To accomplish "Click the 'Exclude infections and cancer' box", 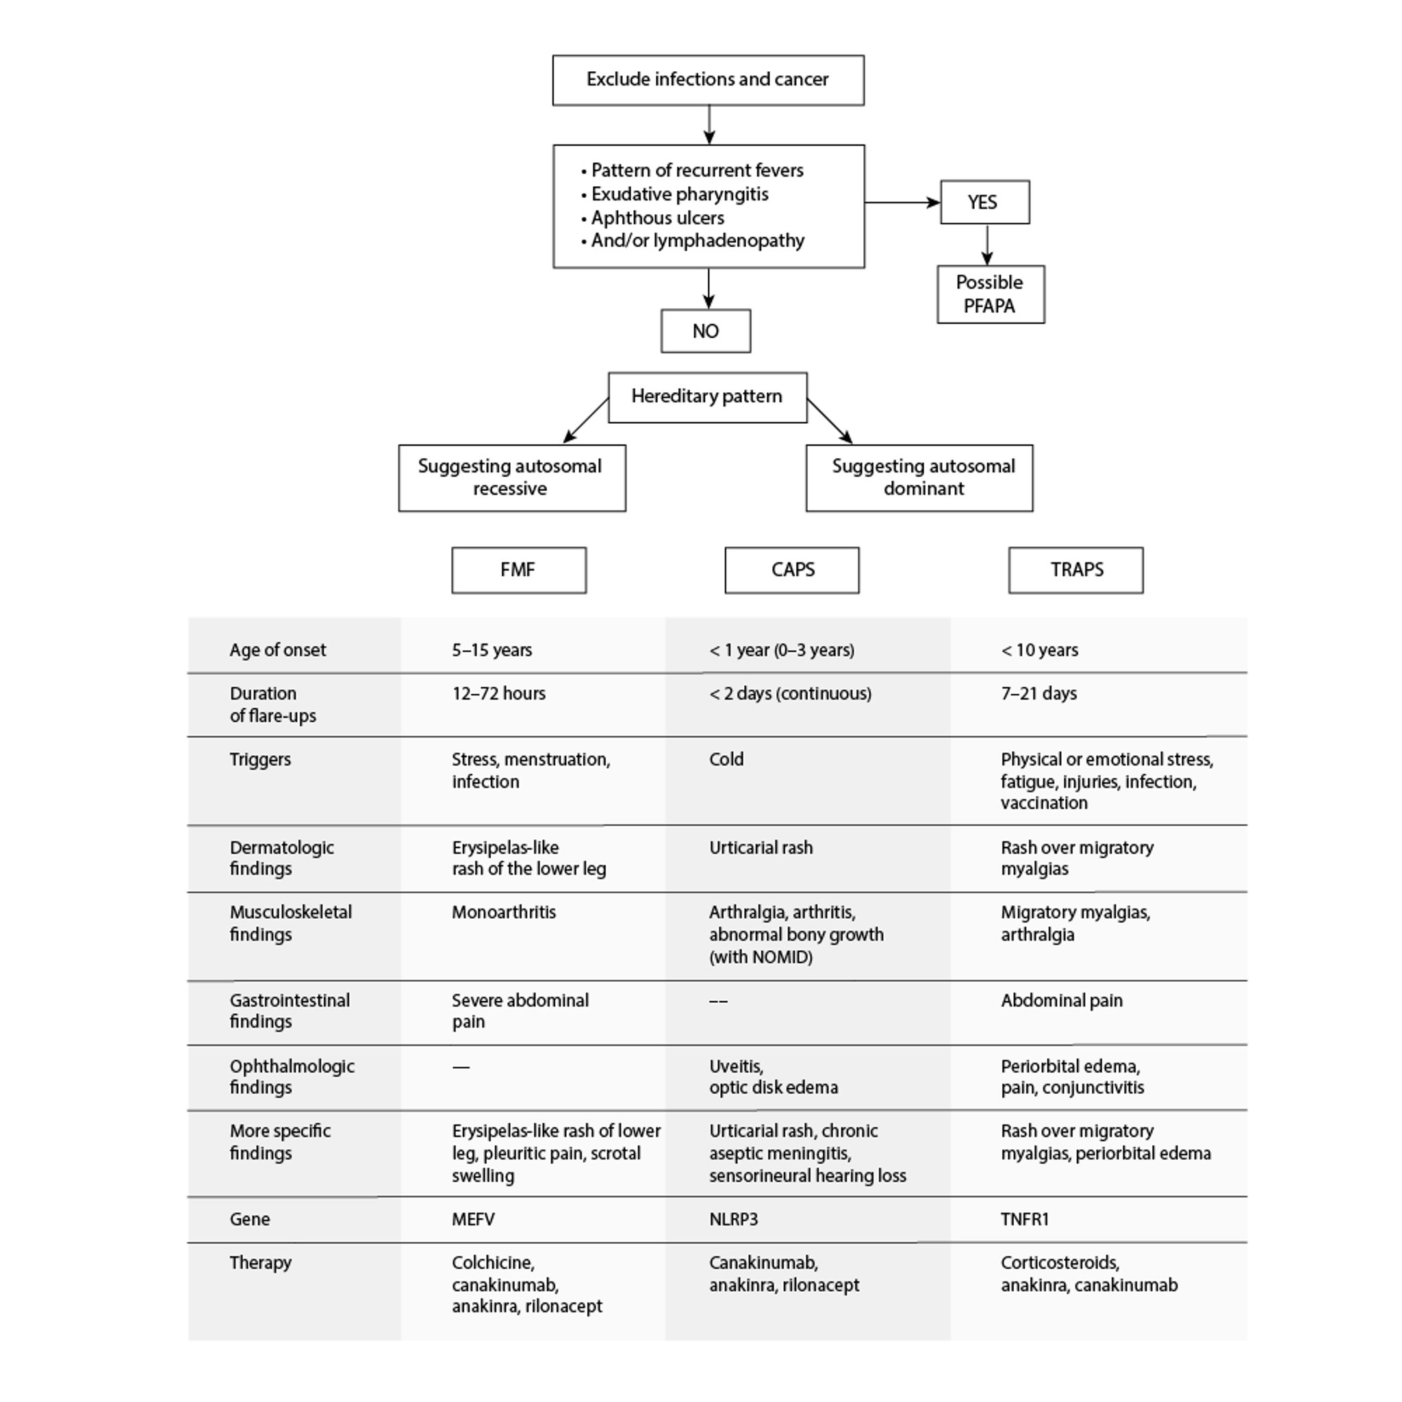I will coord(708,80).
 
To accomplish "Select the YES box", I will coord(984,202).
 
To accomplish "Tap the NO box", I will coord(704,331).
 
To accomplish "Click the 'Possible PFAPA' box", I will coord(990,294).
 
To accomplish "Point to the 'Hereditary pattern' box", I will coord(706,397).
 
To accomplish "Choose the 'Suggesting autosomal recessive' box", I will coord(511,478).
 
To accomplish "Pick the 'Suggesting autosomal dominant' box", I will coord(919,478).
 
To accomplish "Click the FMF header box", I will coord(518,570).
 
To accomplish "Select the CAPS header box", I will coord(792,570).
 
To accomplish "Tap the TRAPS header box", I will coord(1075,570).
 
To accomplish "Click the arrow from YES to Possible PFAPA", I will coord(986,244).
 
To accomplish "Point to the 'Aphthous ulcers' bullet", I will coord(657,218).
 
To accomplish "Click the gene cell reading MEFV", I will coord(473,1219).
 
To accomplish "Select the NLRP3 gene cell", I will coord(733,1219).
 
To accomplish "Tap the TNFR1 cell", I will coord(1024,1219).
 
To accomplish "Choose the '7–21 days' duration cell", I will coord(1038,693).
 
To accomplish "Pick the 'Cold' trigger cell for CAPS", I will coord(726,759).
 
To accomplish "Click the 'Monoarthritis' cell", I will coord(504,912).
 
